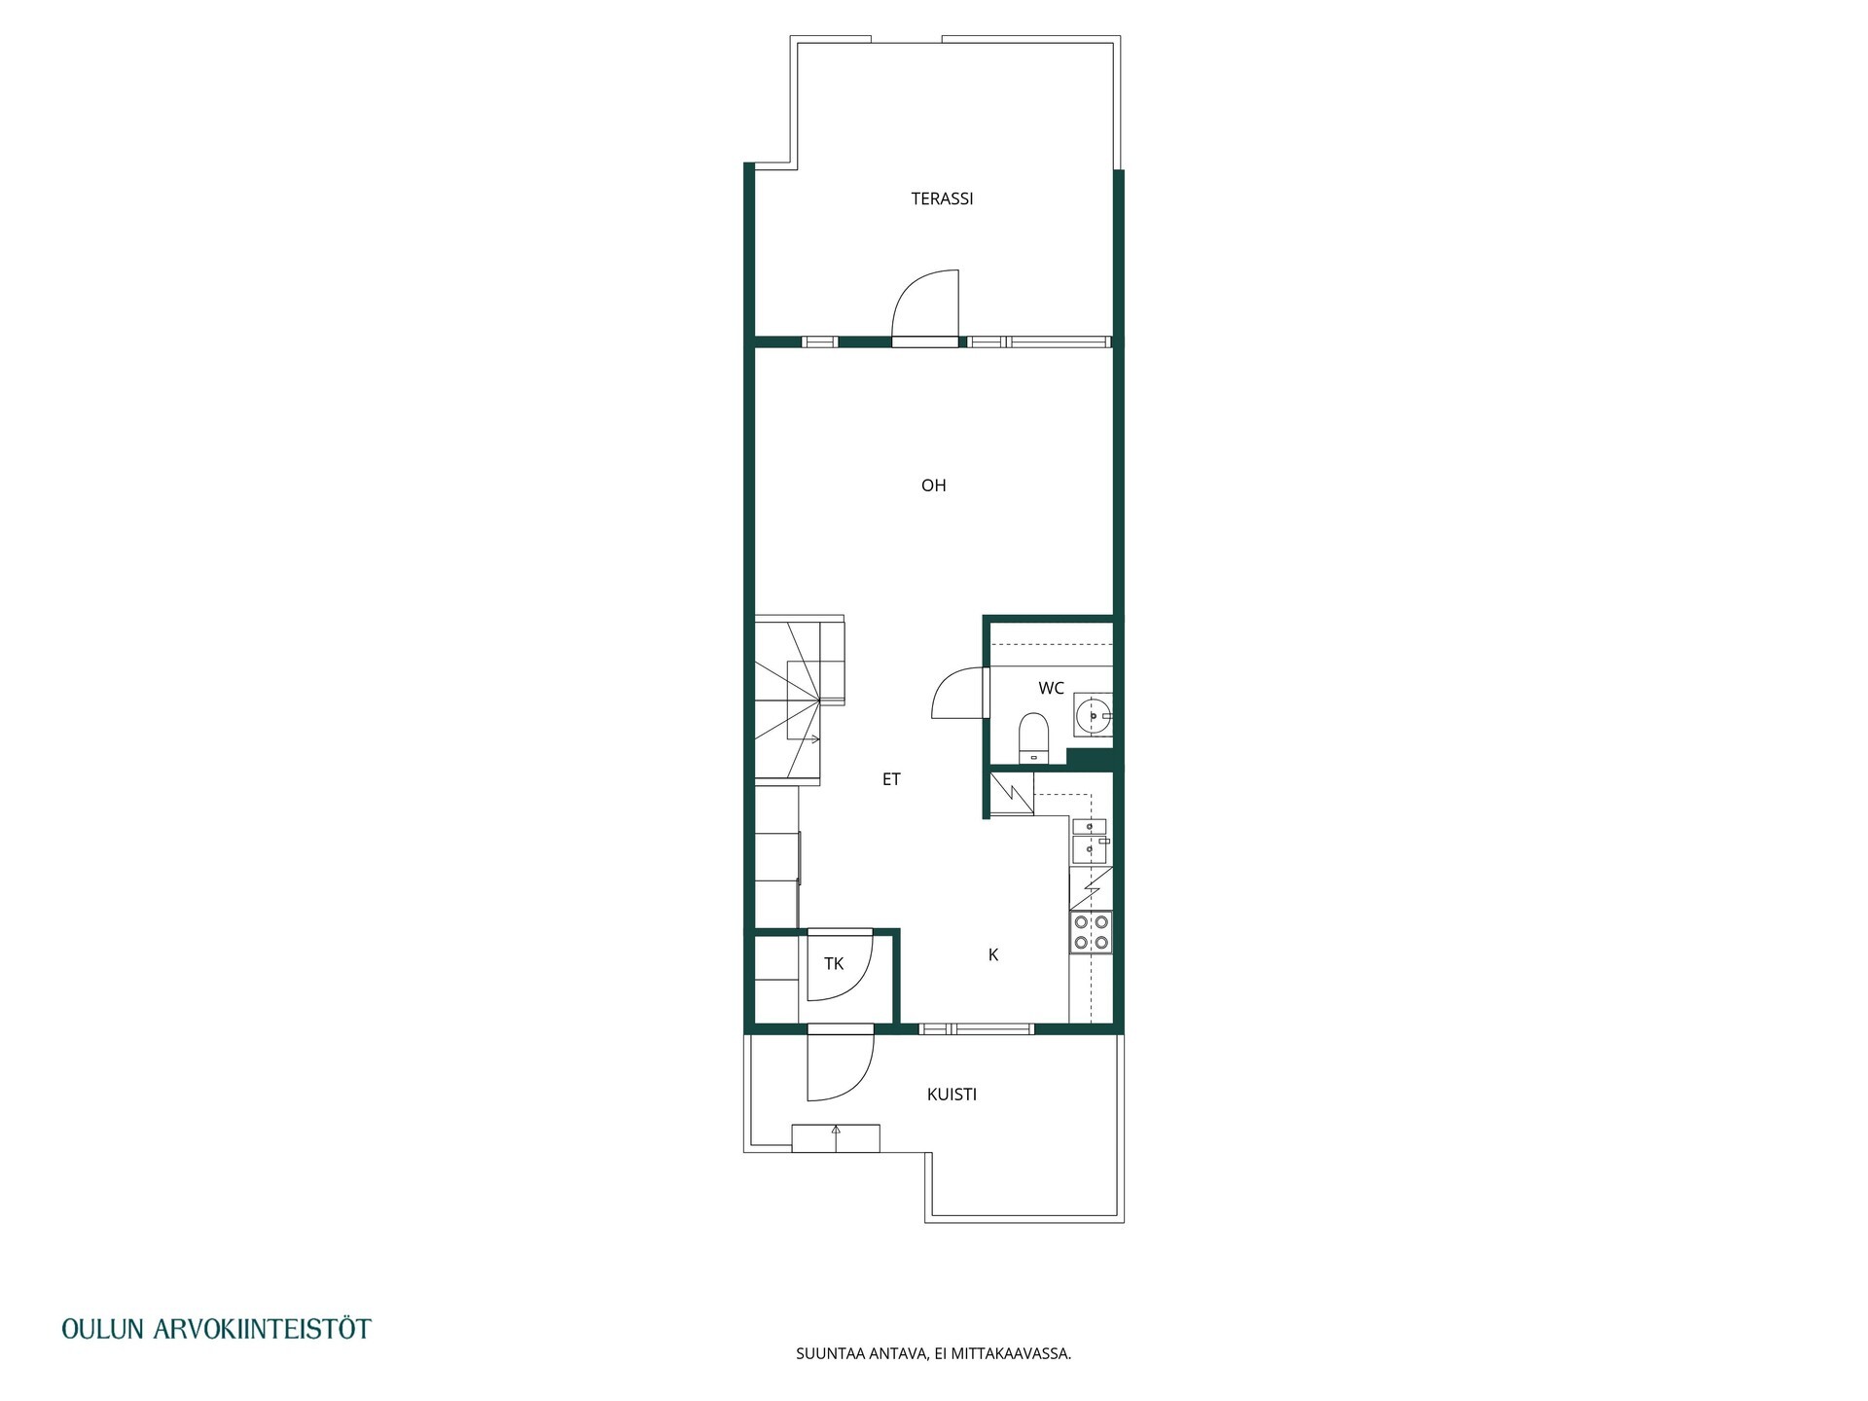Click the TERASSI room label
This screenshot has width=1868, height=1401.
pos(942,198)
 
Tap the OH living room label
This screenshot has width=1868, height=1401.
pos(933,485)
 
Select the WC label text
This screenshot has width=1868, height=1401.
pos(1051,689)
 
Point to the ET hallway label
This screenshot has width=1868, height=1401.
pos(891,779)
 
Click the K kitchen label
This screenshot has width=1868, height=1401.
pos(993,955)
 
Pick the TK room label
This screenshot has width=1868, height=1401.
pos(834,964)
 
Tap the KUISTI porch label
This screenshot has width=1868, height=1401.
pos(952,1095)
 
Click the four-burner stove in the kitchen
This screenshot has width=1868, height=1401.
pos(1091,932)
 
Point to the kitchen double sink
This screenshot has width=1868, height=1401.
pos(1090,841)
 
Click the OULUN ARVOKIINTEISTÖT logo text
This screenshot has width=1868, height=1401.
pos(216,1329)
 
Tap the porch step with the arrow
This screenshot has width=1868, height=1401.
pos(836,1138)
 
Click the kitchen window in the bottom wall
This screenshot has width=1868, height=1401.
pos(976,1028)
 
